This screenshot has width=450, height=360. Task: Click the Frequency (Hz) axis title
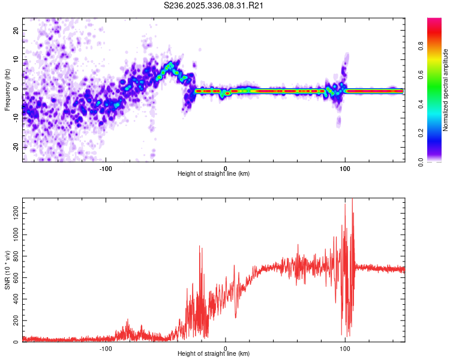pos(7,89)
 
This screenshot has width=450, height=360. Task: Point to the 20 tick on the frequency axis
pos(16,30)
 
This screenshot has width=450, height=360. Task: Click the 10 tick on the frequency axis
pos(16,59)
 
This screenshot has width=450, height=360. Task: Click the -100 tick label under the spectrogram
pos(106,168)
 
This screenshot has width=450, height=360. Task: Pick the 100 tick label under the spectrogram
pos(345,168)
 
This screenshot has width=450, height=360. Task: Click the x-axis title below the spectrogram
pos(214,174)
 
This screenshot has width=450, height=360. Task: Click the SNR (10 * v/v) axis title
pos(7,270)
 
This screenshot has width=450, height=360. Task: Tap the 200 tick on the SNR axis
pos(14,320)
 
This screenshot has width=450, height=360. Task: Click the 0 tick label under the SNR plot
pos(226,349)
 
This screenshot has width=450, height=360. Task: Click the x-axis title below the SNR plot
pos(214,355)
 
